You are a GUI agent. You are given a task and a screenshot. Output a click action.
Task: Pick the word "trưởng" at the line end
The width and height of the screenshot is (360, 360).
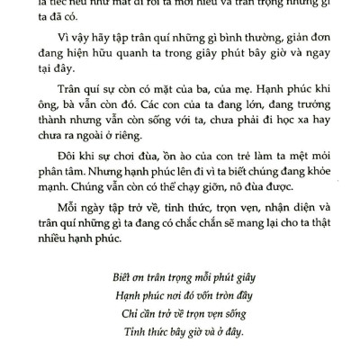(300, 116)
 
